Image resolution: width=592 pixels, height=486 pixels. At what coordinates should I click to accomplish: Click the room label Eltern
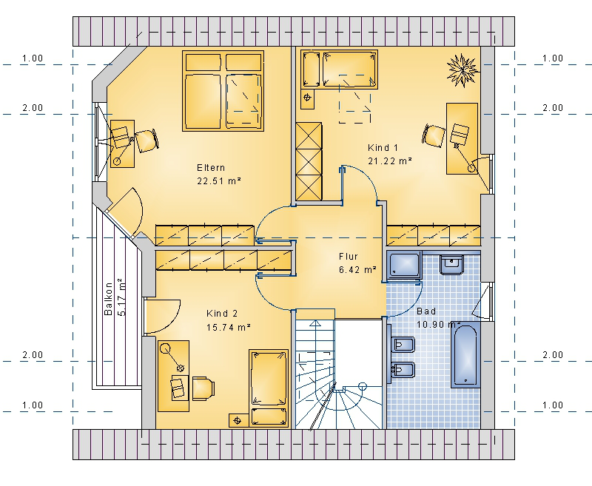tap(211, 167)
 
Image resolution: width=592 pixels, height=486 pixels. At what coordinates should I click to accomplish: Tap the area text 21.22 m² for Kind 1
tap(390, 161)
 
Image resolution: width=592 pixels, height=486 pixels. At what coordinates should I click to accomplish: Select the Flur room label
tap(348, 257)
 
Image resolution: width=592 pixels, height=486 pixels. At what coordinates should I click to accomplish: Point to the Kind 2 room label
tap(222, 314)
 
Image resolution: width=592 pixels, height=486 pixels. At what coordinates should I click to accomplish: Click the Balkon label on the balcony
tap(108, 298)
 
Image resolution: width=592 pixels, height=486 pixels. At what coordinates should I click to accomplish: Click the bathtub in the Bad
tap(466, 354)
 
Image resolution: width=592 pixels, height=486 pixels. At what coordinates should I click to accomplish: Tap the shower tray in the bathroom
tap(404, 266)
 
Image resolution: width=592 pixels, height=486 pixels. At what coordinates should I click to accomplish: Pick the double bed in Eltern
tap(223, 91)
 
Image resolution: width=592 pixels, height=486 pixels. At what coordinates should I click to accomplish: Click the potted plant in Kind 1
tap(462, 70)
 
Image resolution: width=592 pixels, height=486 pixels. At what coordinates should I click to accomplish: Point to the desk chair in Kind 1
tap(434, 135)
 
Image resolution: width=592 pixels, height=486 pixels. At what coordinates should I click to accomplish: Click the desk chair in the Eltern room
tap(147, 141)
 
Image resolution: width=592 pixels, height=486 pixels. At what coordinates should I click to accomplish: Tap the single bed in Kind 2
tap(269, 388)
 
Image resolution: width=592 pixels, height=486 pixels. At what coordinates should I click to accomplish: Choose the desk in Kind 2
tap(173, 376)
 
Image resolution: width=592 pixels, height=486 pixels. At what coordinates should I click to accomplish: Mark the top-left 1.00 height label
tap(33, 58)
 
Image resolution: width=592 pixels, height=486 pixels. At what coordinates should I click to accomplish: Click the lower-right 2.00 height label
tap(553, 354)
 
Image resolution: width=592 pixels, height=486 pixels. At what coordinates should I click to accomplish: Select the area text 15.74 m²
tap(229, 327)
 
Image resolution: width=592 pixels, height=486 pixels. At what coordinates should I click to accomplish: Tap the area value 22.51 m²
tap(219, 181)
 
